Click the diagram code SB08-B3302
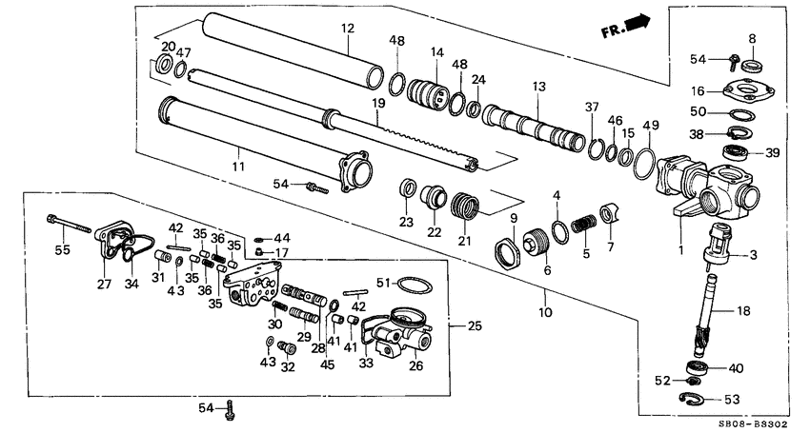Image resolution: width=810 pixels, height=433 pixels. tap(755, 423)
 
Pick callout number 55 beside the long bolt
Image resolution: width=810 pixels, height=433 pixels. tap(62, 249)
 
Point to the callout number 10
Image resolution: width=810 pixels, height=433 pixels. tap(546, 311)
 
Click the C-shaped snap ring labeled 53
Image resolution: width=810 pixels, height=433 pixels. tap(695, 397)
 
